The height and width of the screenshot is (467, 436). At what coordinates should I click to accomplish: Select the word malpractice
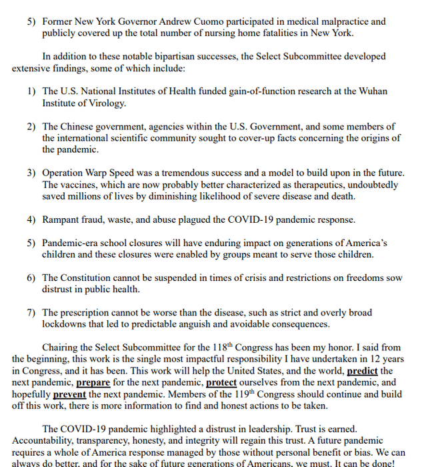coord(361,21)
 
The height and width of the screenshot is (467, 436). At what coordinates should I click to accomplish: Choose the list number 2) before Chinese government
coord(32,126)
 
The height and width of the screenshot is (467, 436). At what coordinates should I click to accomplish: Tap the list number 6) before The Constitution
coord(32,278)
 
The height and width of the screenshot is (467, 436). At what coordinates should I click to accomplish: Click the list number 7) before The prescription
coord(32,312)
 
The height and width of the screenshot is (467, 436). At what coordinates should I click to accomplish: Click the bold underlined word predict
coord(362,370)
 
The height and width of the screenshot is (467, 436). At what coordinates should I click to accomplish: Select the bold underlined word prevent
coord(69,394)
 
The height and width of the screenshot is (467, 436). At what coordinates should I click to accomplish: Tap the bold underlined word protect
coord(221,382)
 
